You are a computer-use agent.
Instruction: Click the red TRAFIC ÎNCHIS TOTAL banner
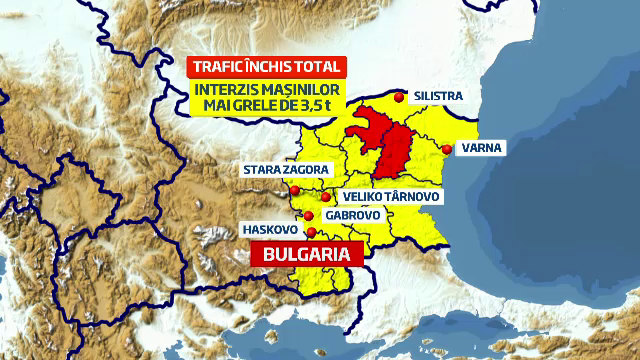267,68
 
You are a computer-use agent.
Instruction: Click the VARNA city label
480,149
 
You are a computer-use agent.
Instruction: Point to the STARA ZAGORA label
285,170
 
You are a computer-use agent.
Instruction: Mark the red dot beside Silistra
400,97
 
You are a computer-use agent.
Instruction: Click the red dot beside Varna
446,150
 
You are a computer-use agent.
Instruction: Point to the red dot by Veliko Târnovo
326,197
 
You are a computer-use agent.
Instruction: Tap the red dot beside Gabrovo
309,216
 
